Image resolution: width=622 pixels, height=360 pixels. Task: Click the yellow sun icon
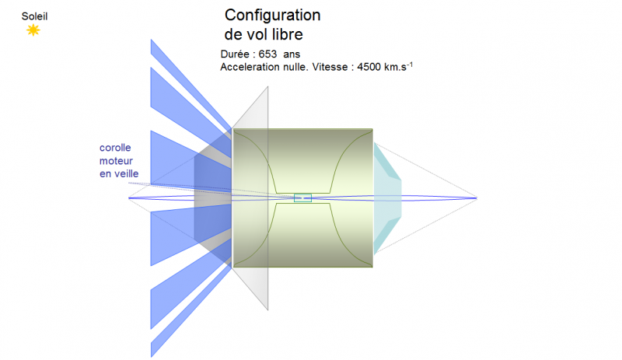pyautogui.click(x=33, y=30)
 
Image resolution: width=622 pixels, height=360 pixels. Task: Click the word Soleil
pyautogui.click(x=33, y=15)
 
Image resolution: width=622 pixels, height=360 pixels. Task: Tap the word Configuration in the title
pyautogui.click(x=272, y=16)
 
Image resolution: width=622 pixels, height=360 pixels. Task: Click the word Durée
pyautogui.click(x=238, y=54)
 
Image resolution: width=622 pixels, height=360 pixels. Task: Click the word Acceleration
pyautogui.click(x=251, y=67)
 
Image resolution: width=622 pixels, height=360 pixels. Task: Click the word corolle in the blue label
pyautogui.click(x=114, y=148)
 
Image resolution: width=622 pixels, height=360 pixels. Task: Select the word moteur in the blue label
pyautogui.click(x=116, y=160)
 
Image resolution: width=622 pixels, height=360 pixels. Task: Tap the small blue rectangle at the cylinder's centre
pyautogui.click(x=302, y=197)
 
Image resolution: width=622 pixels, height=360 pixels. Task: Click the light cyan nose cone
pyautogui.click(x=386, y=197)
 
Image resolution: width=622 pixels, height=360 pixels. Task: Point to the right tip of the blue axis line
pyautogui.click(x=476, y=197)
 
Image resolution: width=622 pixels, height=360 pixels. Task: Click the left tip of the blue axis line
pyautogui.click(x=129, y=197)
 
